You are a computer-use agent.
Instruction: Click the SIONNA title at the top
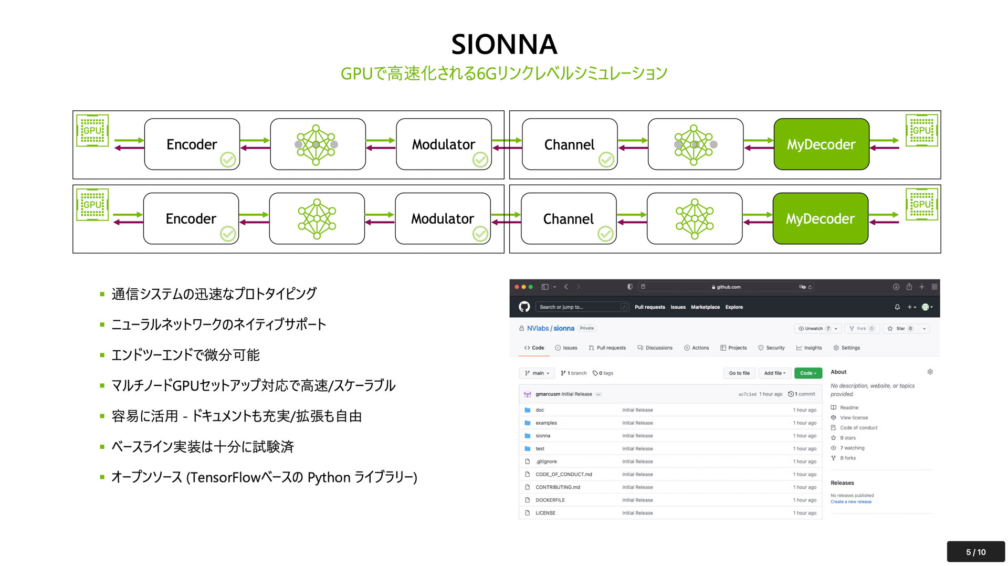(x=504, y=44)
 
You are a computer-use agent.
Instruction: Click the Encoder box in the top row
(x=192, y=144)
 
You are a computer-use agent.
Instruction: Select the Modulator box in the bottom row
(x=443, y=218)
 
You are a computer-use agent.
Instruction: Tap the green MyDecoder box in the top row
(x=821, y=144)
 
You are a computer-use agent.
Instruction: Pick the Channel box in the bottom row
(x=568, y=218)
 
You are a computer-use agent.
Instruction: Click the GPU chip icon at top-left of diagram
(x=92, y=130)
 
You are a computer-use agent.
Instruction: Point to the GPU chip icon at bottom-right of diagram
(x=921, y=204)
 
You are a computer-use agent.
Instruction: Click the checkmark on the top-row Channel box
(x=606, y=160)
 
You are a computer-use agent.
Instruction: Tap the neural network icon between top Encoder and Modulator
(x=317, y=144)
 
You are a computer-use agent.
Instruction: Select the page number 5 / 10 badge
(x=975, y=552)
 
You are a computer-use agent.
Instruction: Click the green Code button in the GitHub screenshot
(x=807, y=373)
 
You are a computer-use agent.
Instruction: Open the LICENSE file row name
(x=545, y=513)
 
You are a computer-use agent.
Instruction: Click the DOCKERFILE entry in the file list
(x=550, y=500)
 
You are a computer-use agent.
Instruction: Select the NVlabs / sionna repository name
(x=550, y=328)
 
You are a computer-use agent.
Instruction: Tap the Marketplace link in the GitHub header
(x=705, y=307)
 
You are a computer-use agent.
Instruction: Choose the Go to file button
(x=739, y=373)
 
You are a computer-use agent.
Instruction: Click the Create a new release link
(x=850, y=501)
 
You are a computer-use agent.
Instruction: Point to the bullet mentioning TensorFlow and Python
(x=264, y=477)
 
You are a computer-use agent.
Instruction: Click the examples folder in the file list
(x=545, y=423)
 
